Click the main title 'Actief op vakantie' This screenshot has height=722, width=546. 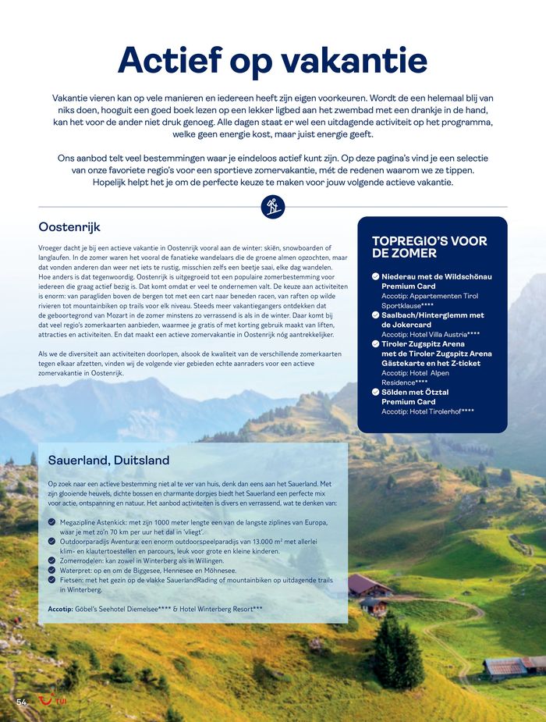pyautogui.click(x=272, y=61)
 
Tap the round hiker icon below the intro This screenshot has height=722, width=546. pyautogui.click(x=272, y=207)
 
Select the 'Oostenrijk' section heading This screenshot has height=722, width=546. pyautogui.click(x=69, y=227)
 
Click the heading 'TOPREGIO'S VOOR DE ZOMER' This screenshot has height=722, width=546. pyautogui.click(x=429, y=247)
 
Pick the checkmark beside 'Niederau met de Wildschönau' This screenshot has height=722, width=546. pyautogui.click(x=376, y=277)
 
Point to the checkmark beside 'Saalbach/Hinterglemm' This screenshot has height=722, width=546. pyautogui.click(x=376, y=315)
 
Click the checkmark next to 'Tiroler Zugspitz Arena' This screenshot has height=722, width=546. pyautogui.click(x=376, y=344)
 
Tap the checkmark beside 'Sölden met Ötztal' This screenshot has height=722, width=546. pyautogui.click(x=376, y=393)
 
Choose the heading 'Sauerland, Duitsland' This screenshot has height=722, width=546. pyautogui.click(x=108, y=460)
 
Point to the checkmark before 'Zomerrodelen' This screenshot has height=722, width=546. pyautogui.click(x=52, y=560)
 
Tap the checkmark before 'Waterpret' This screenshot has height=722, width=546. pyautogui.click(x=52, y=571)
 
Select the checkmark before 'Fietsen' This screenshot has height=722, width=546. pyautogui.click(x=52, y=581)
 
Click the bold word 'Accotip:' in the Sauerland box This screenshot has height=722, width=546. pyautogui.click(x=59, y=608)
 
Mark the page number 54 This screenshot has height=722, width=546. pyautogui.click(x=22, y=702)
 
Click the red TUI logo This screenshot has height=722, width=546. pyautogui.click(x=53, y=700)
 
